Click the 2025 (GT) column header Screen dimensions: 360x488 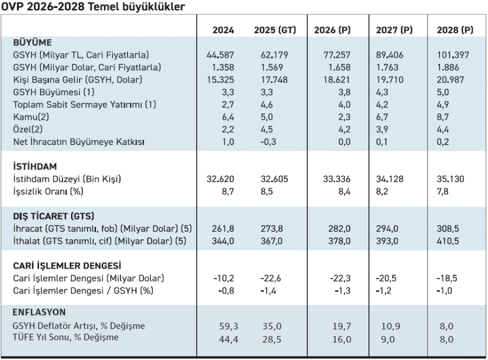(x=274, y=30)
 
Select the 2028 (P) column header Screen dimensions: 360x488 (x=454, y=30)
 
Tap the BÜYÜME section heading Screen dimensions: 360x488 (x=32, y=42)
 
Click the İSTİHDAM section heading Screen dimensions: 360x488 (x=35, y=166)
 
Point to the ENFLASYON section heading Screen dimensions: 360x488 (x=39, y=312)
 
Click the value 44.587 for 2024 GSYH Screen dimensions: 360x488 (x=220, y=54)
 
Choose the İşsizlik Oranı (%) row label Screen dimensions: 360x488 (x=47, y=191)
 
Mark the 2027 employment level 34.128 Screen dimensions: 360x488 (x=391, y=178)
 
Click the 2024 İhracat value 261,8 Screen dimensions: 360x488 (x=223, y=228)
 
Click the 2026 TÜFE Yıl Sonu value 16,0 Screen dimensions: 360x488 (x=342, y=338)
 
